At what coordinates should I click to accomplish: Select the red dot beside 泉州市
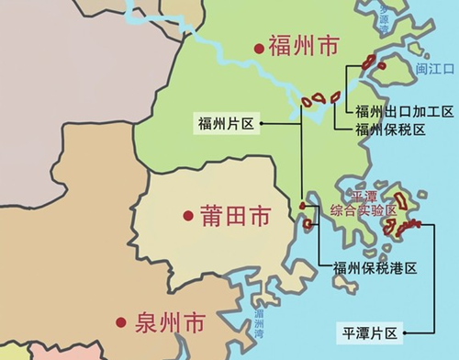120,322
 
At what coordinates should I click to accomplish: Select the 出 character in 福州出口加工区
391,112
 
